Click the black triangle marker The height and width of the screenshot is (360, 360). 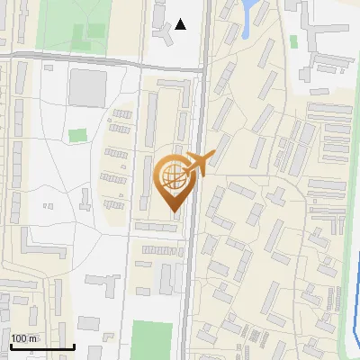[x=182, y=24]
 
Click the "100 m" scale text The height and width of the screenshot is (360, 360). [x=24, y=338]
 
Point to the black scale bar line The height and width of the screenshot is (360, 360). [x=42, y=346]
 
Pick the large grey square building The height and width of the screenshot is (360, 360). [x=87, y=87]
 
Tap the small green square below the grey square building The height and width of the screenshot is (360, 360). [x=78, y=135]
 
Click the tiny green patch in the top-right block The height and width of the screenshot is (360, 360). [x=294, y=41]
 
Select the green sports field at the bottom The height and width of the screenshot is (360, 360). [x=150, y=340]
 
